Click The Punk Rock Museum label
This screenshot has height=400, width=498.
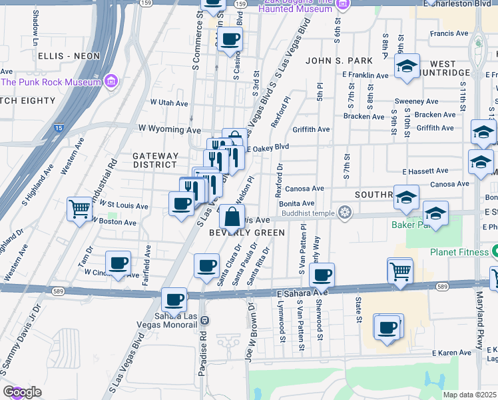pos(51,82)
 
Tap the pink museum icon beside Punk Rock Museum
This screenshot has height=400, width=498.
pos(111,82)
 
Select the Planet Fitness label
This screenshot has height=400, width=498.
pos(459,252)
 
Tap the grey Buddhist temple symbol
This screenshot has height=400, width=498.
pos(344,213)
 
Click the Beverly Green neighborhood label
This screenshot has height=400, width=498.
pos(247,233)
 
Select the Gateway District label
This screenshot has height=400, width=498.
pos(155,160)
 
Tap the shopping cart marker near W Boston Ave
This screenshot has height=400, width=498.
pos(79,209)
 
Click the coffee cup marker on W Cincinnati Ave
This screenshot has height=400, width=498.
pos(118,263)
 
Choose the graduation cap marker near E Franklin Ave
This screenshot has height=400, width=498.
pos(407,65)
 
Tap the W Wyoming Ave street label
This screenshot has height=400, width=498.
pos(169,128)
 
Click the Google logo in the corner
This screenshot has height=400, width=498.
pos(22,392)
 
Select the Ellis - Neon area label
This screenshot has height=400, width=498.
pos(69,56)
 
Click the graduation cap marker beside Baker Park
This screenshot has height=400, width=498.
pos(435,213)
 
